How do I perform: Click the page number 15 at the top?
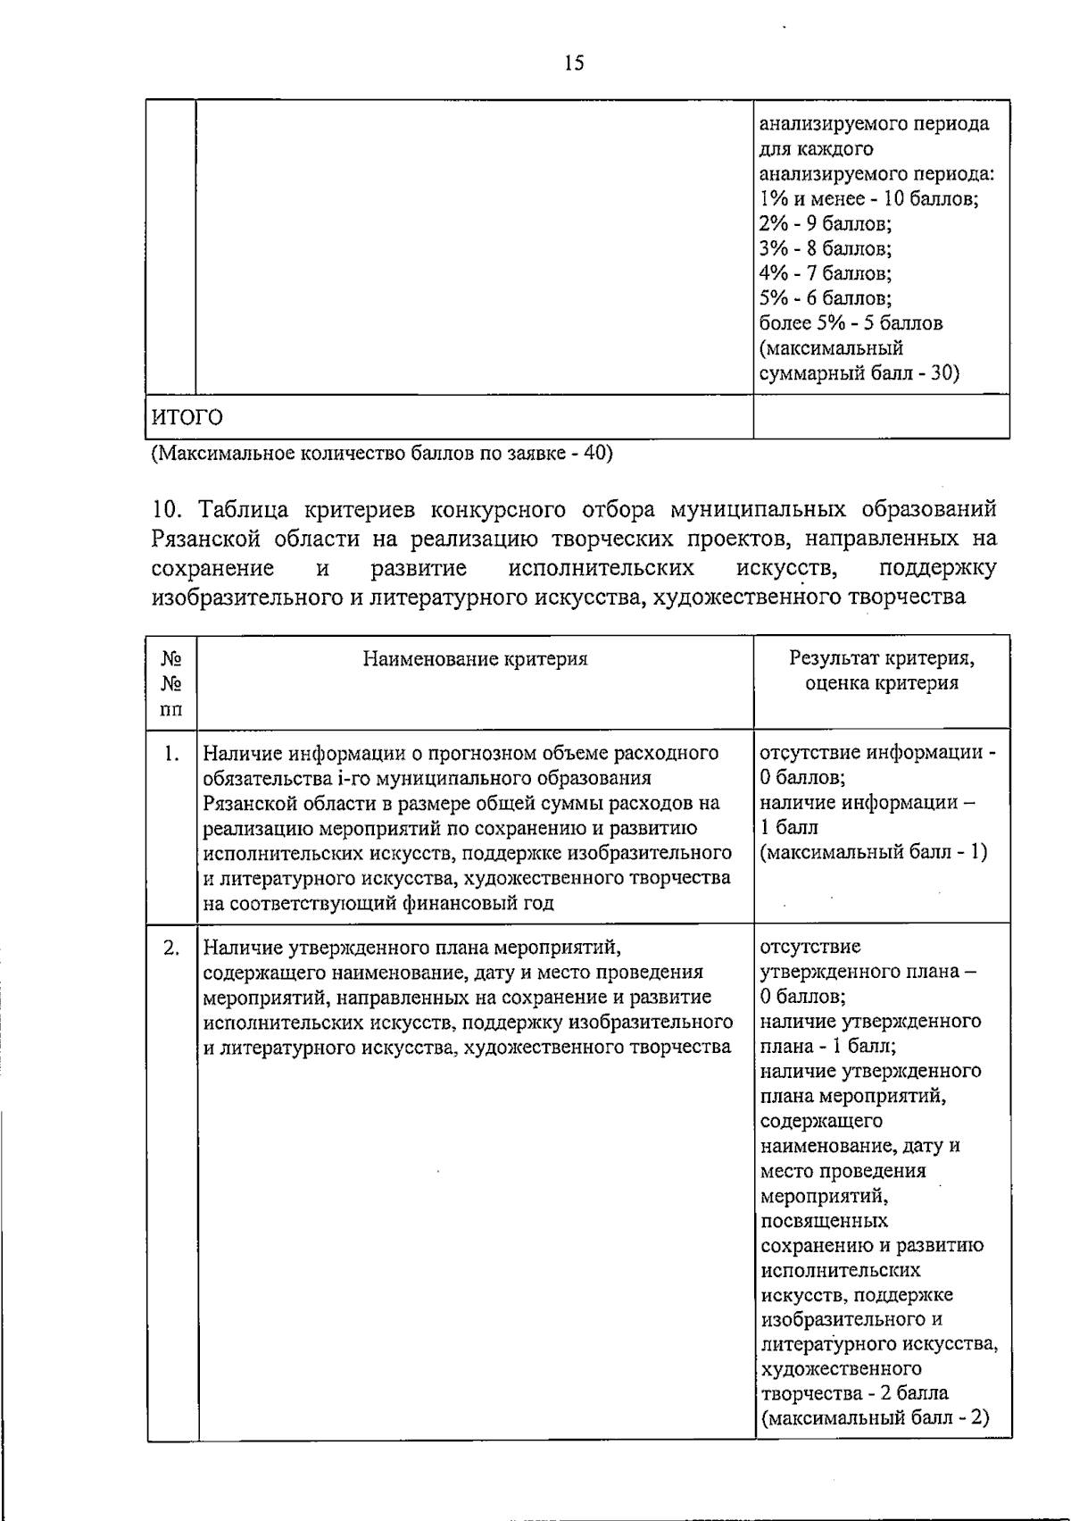[x=574, y=63]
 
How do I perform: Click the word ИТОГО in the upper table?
[x=186, y=418]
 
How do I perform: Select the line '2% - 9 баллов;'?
[x=826, y=223]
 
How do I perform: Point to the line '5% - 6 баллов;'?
[x=826, y=297]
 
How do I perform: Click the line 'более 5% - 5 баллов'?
[x=851, y=322]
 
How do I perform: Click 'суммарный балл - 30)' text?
[x=859, y=372]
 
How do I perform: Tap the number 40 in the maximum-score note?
[x=594, y=453]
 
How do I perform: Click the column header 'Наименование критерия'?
[x=475, y=659]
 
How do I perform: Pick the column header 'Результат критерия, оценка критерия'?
[x=881, y=671]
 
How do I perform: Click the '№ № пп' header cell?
[x=171, y=683]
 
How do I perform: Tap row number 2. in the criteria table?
[x=172, y=948]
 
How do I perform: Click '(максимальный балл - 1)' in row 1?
[x=873, y=852]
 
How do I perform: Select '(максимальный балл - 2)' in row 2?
[x=875, y=1417]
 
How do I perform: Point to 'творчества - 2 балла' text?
[x=854, y=1392]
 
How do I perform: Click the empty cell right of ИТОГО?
[x=881, y=417]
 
